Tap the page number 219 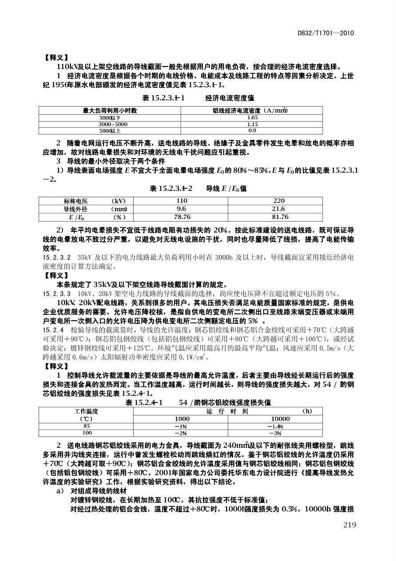349,525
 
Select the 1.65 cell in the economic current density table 252,118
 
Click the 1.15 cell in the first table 252,124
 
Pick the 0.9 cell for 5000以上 252,131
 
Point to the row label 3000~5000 110,124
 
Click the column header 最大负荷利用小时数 110,111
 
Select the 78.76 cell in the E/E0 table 182,217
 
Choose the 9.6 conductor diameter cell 182,209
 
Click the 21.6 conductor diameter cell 278,209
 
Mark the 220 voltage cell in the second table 279,201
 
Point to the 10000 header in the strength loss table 281,419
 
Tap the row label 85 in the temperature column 87,426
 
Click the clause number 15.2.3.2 56,257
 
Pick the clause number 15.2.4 53,330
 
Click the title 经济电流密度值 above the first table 230,97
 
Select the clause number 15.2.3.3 56,294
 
